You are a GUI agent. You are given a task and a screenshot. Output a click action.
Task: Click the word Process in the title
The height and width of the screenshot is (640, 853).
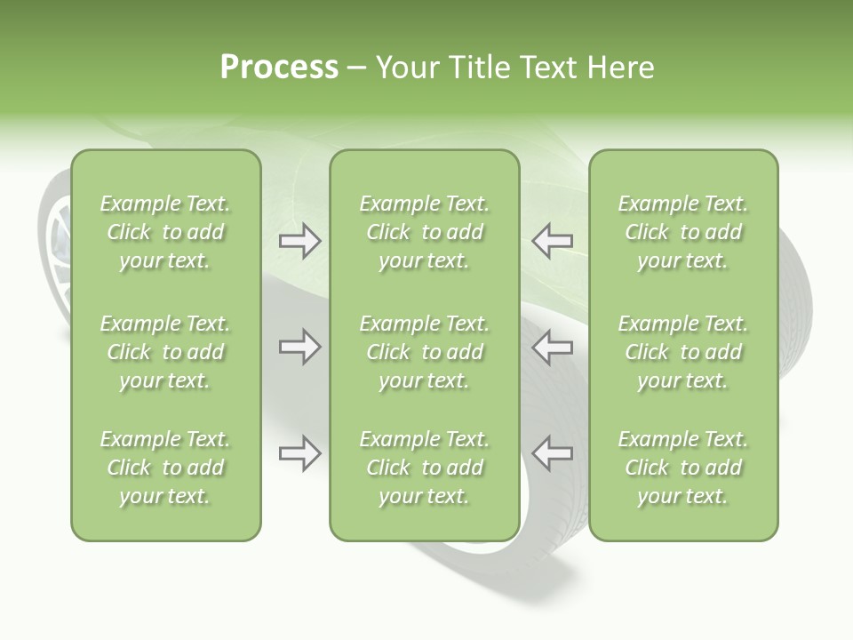pyautogui.click(x=279, y=68)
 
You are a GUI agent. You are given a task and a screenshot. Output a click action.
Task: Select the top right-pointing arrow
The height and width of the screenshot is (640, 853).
pyautogui.click(x=299, y=241)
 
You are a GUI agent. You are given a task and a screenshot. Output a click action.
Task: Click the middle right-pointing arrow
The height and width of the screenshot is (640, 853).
pyautogui.click(x=299, y=347)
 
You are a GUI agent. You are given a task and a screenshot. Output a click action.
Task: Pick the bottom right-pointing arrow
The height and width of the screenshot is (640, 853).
pyautogui.click(x=299, y=453)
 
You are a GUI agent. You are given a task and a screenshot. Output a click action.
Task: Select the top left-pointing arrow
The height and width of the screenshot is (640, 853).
pyautogui.click(x=553, y=241)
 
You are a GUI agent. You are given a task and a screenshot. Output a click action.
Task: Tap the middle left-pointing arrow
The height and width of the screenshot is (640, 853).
pyautogui.click(x=553, y=347)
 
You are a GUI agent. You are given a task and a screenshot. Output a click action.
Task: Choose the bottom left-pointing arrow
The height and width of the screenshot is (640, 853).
pyautogui.click(x=553, y=453)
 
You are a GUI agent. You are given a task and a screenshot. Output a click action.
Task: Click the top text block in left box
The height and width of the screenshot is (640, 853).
pyautogui.click(x=165, y=232)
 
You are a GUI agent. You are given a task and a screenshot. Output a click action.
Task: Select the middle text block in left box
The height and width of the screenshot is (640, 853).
pyautogui.click(x=165, y=352)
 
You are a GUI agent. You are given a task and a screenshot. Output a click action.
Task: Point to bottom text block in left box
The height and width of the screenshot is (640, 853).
pyautogui.click(x=165, y=468)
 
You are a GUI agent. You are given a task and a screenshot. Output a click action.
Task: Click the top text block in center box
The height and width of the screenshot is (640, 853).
pyautogui.click(x=424, y=232)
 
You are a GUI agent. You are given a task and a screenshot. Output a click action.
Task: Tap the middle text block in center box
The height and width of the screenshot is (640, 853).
pyautogui.click(x=424, y=352)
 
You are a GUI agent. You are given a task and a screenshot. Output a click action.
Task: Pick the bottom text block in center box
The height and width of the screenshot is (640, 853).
pyautogui.click(x=424, y=468)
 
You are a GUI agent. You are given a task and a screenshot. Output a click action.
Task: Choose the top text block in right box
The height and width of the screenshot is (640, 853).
pyautogui.click(x=682, y=232)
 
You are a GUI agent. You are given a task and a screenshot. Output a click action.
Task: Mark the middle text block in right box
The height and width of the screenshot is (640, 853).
pyautogui.click(x=682, y=352)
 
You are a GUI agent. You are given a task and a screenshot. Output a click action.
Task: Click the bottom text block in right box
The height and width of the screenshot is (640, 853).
pyautogui.click(x=682, y=468)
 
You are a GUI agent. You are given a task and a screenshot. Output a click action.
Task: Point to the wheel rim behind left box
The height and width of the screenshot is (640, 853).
pyautogui.click(x=57, y=249)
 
